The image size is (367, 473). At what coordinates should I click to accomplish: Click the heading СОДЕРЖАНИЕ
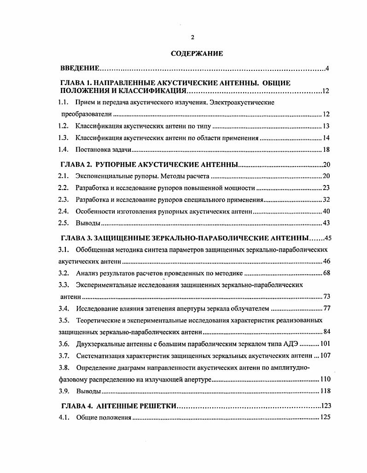click(197, 53)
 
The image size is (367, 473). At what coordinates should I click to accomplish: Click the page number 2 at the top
click(192, 37)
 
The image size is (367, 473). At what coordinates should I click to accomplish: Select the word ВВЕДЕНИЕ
click(80, 69)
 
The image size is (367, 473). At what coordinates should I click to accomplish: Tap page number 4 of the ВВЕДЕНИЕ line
click(326, 69)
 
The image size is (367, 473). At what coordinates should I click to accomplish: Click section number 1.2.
click(64, 126)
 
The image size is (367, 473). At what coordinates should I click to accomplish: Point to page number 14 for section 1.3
click(326, 138)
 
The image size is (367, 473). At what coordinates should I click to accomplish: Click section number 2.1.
click(64, 176)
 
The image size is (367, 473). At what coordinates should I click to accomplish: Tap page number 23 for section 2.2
click(326, 188)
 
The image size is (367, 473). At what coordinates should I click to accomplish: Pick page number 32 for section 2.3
click(326, 200)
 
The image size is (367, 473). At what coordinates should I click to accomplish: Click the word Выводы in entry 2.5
click(88, 223)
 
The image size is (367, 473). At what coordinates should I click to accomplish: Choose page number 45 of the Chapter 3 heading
click(328, 238)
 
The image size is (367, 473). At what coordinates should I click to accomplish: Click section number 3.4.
click(64, 308)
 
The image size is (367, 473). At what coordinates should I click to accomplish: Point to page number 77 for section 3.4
click(327, 308)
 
